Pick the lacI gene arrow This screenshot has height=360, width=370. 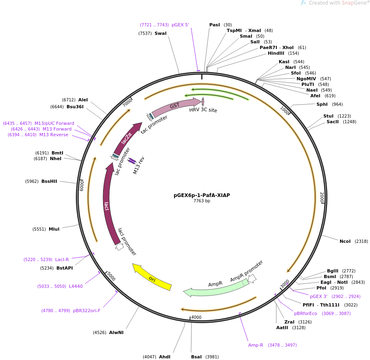[106, 205]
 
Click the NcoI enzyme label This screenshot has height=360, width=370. [345, 241]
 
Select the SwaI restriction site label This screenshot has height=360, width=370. [160, 33]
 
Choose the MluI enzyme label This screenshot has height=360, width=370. [54, 229]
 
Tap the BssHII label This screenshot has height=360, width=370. [49, 181]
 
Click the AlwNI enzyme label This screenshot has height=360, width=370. [116, 332]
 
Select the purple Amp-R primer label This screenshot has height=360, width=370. [256, 345]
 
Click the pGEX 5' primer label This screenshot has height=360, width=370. [180, 25]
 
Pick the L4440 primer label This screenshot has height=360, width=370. [76, 286]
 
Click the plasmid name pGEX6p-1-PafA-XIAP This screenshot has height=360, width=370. [202, 195]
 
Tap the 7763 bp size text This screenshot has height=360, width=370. [202, 201]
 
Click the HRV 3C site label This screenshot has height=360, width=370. [203, 110]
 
